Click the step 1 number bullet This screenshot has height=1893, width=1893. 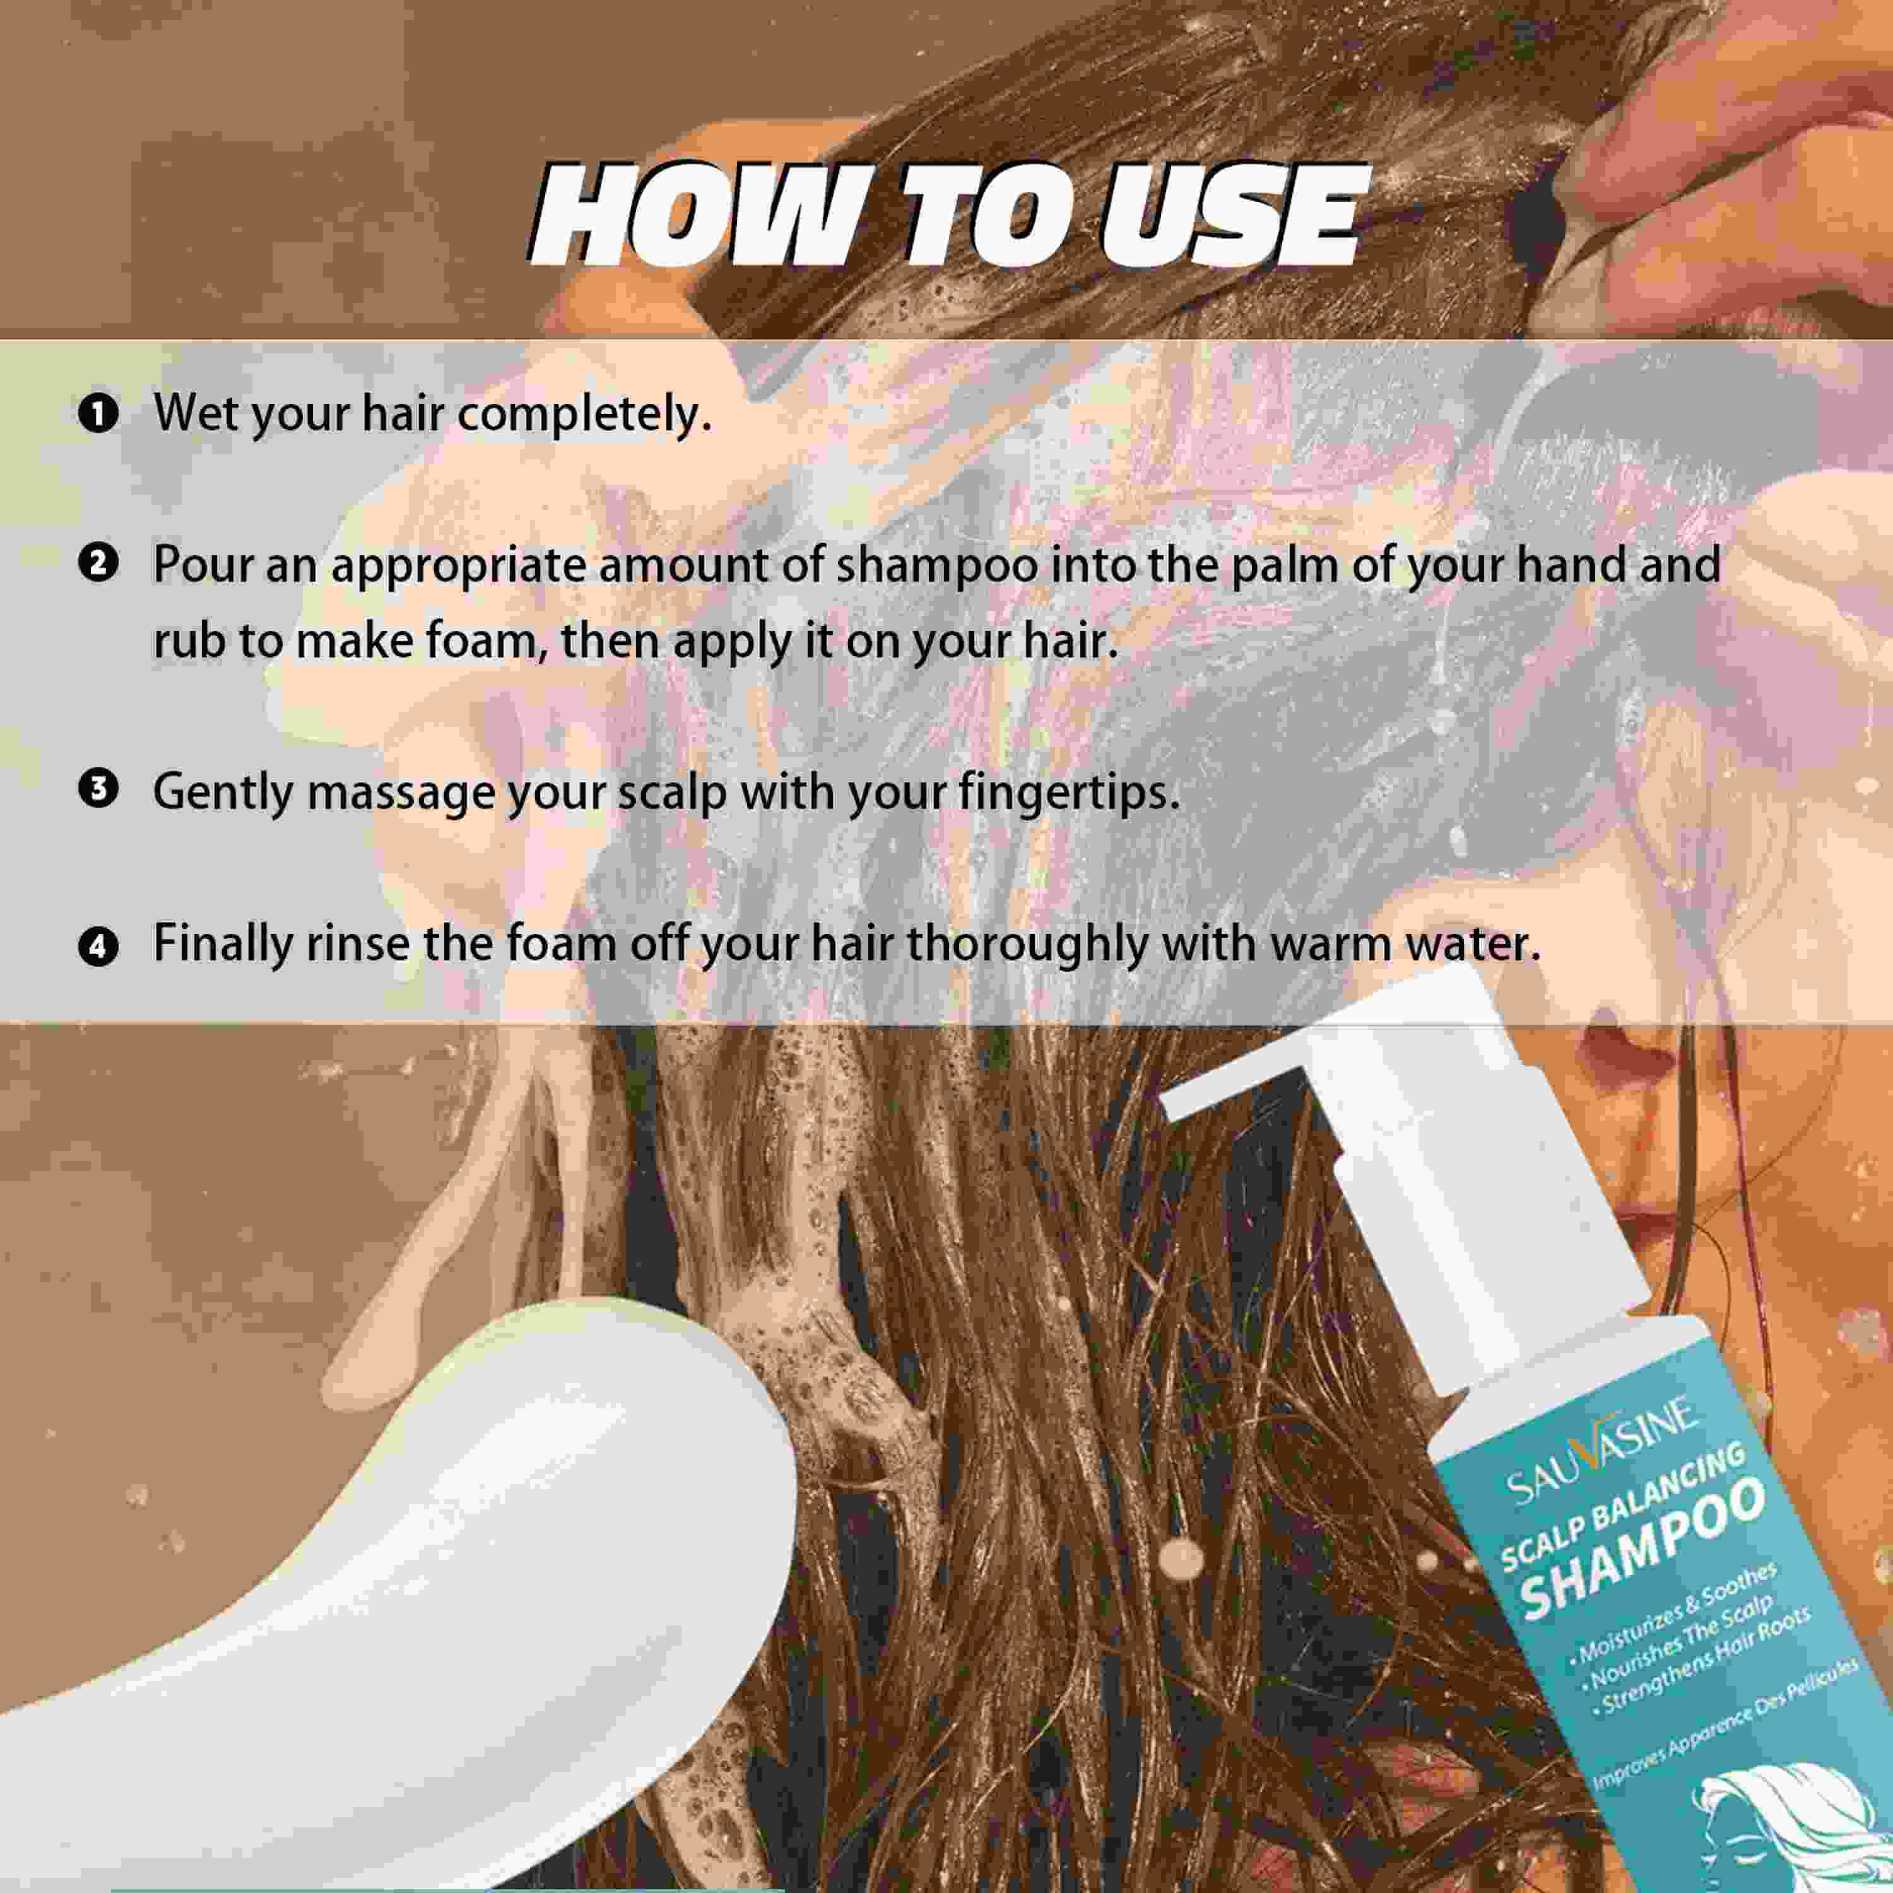(x=98, y=413)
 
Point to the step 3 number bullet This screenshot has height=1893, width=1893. (x=98, y=790)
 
